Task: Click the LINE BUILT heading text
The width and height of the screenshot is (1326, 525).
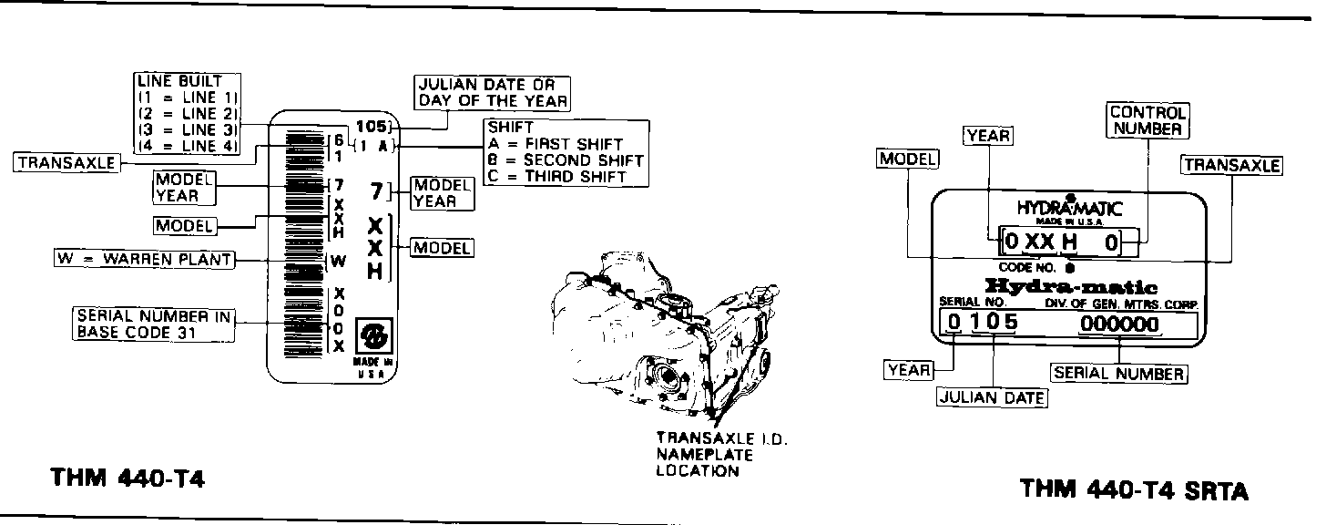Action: pos(179,81)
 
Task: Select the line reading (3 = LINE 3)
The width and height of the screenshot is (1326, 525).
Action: pos(188,129)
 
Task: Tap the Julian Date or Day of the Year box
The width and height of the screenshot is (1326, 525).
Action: pos(493,92)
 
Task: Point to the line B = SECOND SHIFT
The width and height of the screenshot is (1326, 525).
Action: pos(566,160)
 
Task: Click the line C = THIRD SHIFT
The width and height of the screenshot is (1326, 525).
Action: pos(556,177)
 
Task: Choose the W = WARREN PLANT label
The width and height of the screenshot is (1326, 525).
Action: pos(143,260)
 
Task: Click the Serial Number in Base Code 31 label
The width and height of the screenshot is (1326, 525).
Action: pos(153,324)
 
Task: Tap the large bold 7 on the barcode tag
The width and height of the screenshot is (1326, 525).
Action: pos(376,191)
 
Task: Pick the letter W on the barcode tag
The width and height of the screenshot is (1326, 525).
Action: pos(338,262)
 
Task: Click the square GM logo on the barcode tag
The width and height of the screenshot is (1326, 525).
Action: pos(372,335)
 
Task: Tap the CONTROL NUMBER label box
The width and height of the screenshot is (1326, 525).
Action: pos(1148,120)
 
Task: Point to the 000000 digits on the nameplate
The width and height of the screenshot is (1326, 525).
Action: pos(1119,324)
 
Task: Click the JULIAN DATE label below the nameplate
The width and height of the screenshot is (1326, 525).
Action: pos(992,397)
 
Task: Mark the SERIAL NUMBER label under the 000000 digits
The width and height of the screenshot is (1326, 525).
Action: pos(1118,373)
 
